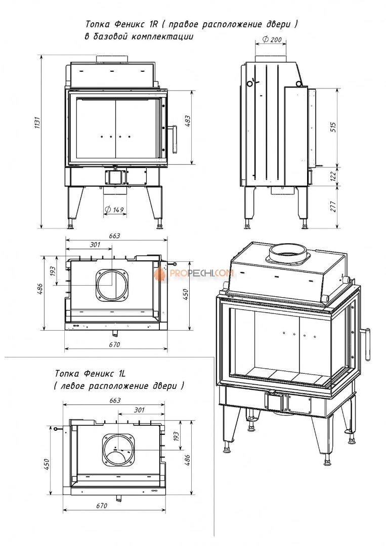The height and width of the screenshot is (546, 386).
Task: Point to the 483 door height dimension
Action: coord(188,127)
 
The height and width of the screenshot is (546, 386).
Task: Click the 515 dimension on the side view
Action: coord(333,127)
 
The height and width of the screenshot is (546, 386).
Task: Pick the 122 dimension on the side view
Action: coord(333,175)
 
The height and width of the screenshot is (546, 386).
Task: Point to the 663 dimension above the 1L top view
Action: coord(114,400)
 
